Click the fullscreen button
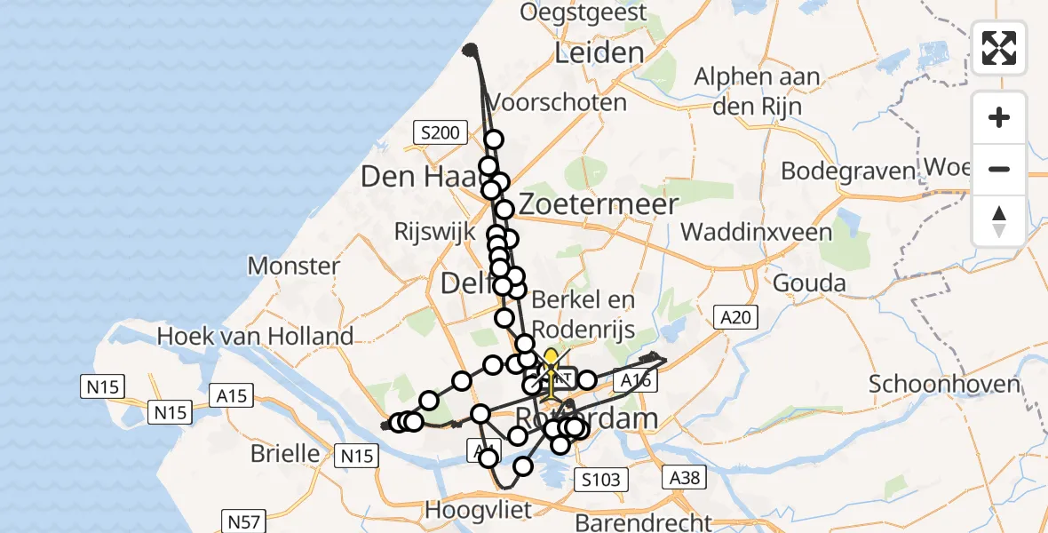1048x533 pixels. click(999, 48)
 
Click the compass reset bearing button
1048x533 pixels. click(999, 221)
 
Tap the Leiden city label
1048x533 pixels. click(599, 52)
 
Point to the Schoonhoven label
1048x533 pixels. click(944, 384)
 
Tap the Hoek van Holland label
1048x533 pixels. click(255, 337)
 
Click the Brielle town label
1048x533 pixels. click(285, 452)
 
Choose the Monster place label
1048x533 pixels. click(294, 265)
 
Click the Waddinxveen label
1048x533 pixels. click(757, 233)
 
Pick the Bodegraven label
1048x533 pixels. click(847, 171)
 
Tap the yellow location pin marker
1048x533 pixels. click(551, 361)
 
